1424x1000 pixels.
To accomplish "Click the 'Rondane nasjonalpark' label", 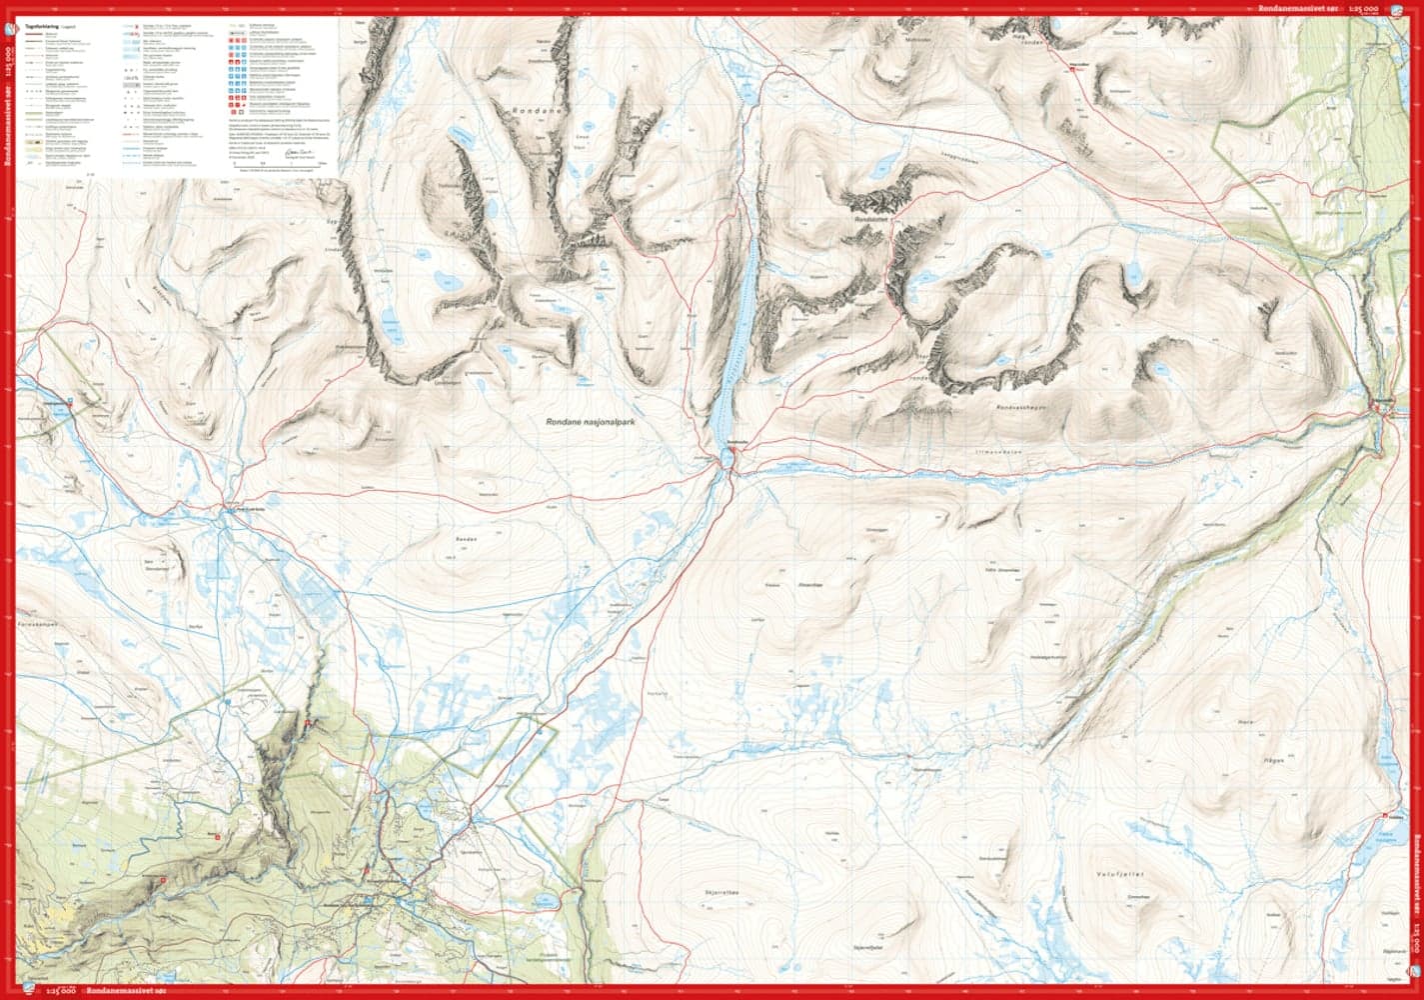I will coord(591,423).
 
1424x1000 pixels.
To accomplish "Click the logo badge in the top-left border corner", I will coord(9,9).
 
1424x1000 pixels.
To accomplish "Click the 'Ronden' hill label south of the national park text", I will coord(466,539).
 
